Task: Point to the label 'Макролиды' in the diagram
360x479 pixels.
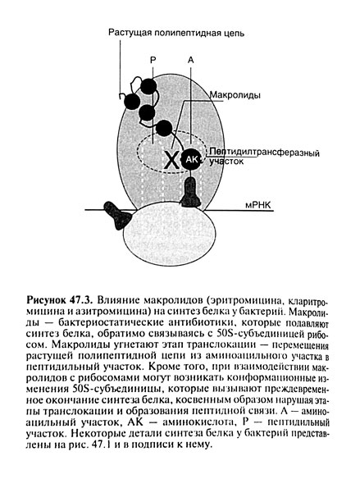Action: [237, 95]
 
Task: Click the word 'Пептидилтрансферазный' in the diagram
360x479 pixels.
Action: [262, 153]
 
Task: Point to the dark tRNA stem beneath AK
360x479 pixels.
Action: [190, 193]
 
